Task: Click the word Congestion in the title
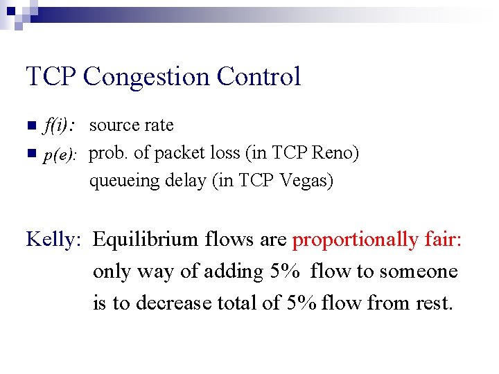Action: tap(147, 77)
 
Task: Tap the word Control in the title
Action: tap(259, 76)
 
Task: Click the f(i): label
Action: tap(60, 126)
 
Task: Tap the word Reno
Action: tap(335, 153)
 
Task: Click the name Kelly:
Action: tap(54, 240)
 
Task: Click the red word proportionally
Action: tap(356, 240)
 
